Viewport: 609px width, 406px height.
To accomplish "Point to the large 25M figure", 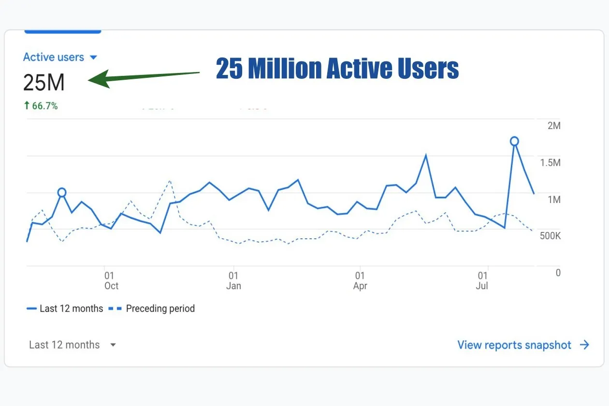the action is (x=44, y=82).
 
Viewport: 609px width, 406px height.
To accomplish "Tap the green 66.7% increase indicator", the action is (x=41, y=105).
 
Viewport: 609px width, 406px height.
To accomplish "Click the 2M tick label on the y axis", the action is (x=554, y=126).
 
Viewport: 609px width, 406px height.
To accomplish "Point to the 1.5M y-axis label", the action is (x=550, y=162).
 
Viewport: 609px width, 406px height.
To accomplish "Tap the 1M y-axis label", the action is (x=554, y=200).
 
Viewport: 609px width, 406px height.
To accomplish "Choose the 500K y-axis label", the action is (x=550, y=236).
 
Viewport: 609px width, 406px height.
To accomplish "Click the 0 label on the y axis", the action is (x=558, y=273).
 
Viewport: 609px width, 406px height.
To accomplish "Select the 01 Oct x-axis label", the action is (x=111, y=281).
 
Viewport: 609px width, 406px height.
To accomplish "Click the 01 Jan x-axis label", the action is (x=233, y=281).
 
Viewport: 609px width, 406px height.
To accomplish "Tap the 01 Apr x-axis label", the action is (x=360, y=281).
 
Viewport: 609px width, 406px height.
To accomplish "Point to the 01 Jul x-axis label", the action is (x=482, y=281).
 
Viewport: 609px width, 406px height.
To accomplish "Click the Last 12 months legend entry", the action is (x=65, y=309).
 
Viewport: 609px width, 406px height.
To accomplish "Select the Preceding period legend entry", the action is (x=151, y=309).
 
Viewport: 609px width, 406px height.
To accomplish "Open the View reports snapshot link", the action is (x=523, y=345).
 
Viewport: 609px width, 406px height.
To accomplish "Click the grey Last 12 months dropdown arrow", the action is (x=113, y=345).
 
